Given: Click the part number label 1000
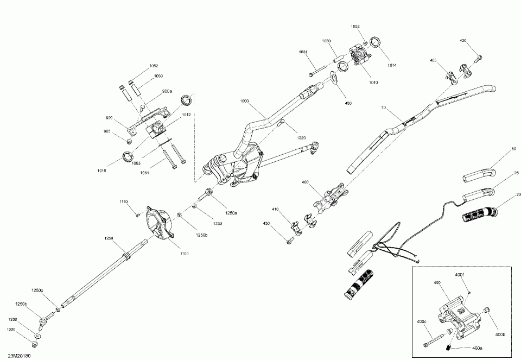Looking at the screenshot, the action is pos(244,101).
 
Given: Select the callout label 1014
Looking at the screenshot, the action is pos(392,66).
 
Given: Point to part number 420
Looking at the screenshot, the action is pos(463,41).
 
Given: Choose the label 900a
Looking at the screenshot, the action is pos(167,91).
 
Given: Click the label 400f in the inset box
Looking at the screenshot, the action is pos(460,276).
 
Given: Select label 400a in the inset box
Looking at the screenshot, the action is pos(477,348).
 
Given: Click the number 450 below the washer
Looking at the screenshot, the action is pos(348,104).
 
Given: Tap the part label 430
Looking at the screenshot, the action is pos(266,223).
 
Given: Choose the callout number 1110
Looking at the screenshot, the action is pos(124,202).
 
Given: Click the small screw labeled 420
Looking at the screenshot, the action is pos(478,57).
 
